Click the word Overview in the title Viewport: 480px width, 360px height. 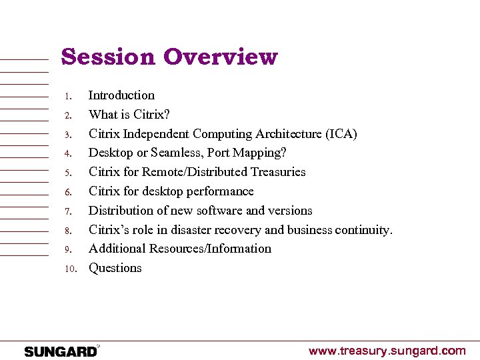[220, 57]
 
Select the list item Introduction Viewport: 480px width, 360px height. [121, 95]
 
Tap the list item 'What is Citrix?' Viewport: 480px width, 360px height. [129, 115]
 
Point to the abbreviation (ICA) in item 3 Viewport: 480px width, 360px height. [341, 134]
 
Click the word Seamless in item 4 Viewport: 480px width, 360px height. [175, 153]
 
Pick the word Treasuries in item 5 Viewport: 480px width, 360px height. [278, 172]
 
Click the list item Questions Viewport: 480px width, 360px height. [115, 268]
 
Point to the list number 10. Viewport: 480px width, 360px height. [71, 269]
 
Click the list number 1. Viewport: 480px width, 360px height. [68, 97]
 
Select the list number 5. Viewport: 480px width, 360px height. [68, 173]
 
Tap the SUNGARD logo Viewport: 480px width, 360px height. [61, 351]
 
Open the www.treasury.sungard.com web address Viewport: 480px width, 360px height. [387, 351]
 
